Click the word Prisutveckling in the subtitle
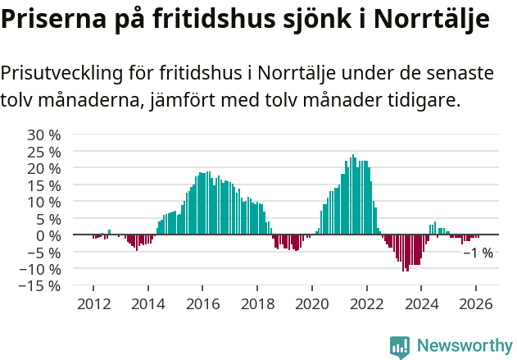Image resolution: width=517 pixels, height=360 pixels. (x=61, y=74)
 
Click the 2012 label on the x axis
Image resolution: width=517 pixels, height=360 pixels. (x=93, y=303)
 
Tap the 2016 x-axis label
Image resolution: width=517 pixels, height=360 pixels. (x=202, y=303)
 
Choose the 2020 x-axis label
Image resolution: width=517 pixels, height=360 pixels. (x=311, y=303)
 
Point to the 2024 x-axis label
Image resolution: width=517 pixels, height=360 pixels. (x=421, y=303)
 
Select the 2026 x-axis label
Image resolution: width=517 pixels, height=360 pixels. (x=476, y=303)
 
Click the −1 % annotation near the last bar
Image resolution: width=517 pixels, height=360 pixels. (x=478, y=253)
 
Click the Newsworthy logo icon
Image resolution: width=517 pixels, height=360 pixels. (x=400, y=347)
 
